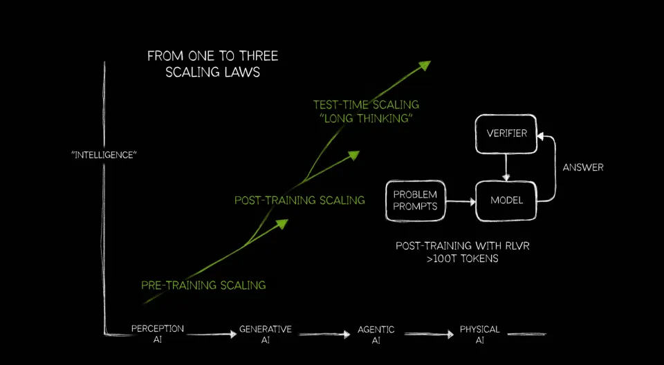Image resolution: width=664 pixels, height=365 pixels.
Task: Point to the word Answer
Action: [x=583, y=168]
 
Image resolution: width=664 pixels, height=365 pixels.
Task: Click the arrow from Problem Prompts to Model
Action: [x=461, y=202]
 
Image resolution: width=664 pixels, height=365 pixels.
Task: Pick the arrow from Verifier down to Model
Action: [x=505, y=167]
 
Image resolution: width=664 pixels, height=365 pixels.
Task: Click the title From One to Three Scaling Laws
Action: [x=212, y=64]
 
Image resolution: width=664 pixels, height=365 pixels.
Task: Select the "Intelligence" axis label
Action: [x=104, y=155]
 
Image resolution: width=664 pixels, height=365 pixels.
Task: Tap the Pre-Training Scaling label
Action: [x=203, y=285]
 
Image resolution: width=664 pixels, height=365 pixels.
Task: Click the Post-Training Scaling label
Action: [x=299, y=200]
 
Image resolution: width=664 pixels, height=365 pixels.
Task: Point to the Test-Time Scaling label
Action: [x=366, y=104]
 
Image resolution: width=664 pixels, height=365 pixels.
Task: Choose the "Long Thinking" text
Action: [x=366, y=119]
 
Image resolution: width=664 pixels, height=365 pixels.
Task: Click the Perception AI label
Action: [x=158, y=334]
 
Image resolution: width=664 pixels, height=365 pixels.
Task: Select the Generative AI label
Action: [x=266, y=334]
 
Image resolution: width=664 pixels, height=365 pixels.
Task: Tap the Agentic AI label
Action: [x=376, y=334]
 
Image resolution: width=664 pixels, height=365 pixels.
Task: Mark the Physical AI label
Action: [x=480, y=334]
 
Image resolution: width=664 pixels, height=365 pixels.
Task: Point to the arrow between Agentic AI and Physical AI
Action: [x=429, y=335]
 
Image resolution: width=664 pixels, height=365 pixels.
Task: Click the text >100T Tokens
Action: [x=463, y=259]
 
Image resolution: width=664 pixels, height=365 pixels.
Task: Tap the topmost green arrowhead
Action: [x=424, y=65]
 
